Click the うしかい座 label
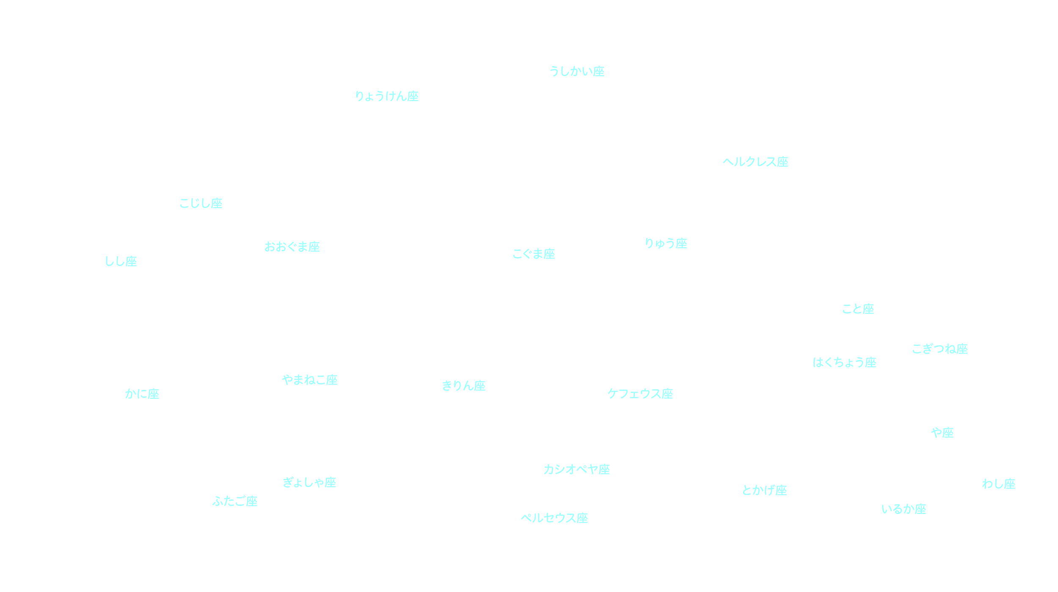577,71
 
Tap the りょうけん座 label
387,96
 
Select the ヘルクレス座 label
756,162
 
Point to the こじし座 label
201,203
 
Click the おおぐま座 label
292,247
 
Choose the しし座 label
121,261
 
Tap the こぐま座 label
534,254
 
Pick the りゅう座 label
666,244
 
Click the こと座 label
858,309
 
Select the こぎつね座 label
940,349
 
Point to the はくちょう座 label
845,362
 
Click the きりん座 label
464,386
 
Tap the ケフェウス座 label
640,394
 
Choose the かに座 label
142,394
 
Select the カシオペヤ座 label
577,469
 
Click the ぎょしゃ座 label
309,482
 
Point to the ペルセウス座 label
554,518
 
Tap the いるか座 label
904,509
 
